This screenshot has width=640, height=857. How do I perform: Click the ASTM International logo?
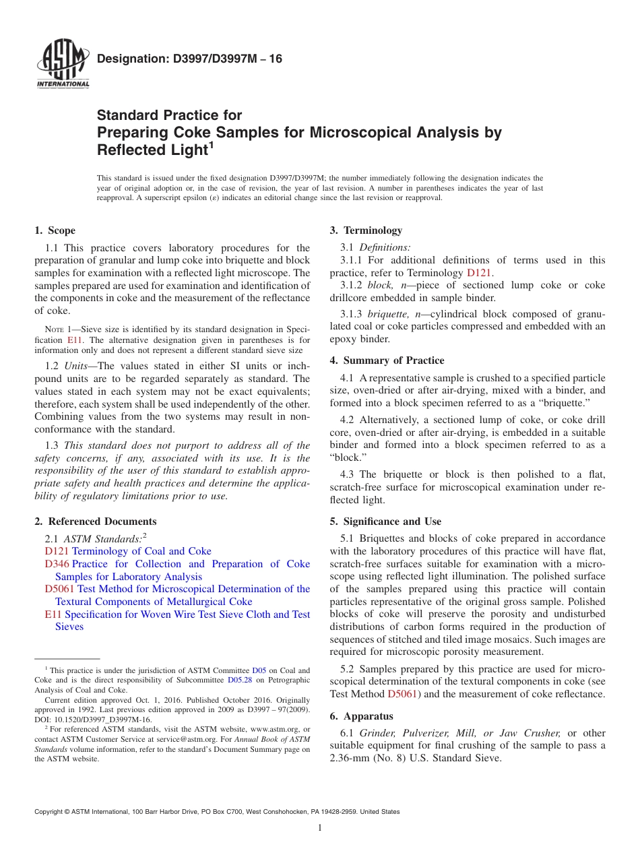pyautogui.click(x=62, y=65)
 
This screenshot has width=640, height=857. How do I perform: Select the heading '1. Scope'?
pyautogui.click(x=55, y=230)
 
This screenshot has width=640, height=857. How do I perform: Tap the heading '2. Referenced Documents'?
pyautogui.click(x=96, y=521)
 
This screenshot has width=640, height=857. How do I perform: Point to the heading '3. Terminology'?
pyautogui.click(x=366, y=230)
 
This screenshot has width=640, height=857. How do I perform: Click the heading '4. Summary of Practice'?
pyautogui.click(x=387, y=360)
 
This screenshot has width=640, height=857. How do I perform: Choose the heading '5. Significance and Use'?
pyautogui.click(x=385, y=521)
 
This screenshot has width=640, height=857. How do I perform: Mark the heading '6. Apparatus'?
pyautogui.click(x=362, y=716)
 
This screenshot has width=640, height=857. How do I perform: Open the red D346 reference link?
pyautogui.click(x=57, y=564)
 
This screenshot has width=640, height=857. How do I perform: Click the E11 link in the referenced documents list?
pyautogui.click(x=53, y=614)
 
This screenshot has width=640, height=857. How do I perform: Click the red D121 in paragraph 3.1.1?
pyautogui.click(x=479, y=273)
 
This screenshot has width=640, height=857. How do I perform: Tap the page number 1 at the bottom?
pyautogui.click(x=320, y=828)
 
